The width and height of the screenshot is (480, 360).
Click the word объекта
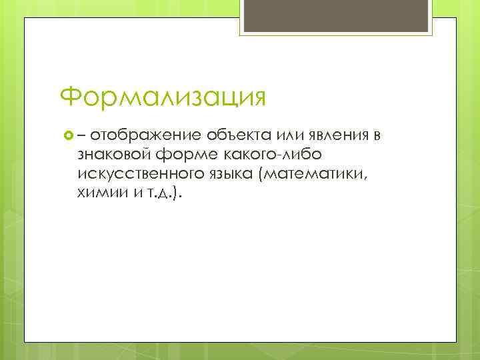[234, 137]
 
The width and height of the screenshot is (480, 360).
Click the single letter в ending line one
[377, 137]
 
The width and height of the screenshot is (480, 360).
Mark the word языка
[228, 175]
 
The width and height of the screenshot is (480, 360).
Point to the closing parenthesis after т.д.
[175, 194]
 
